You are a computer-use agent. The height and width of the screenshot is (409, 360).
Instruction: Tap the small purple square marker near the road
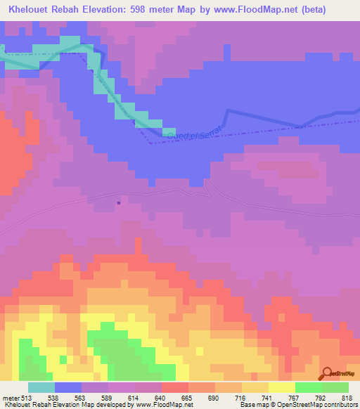tap(118, 203)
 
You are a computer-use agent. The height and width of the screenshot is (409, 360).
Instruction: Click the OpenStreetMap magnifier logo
tap(327, 373)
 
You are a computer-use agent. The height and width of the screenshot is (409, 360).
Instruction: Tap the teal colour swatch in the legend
tap(41, 387)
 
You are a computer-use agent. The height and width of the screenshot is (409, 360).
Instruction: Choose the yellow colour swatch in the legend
tap(281, 387)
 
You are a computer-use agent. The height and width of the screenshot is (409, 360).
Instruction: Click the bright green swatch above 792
tap(308, 387)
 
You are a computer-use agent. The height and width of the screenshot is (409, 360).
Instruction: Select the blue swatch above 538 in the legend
tap(68, 387)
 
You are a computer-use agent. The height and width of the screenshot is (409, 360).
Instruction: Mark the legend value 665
tap(186, 397)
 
